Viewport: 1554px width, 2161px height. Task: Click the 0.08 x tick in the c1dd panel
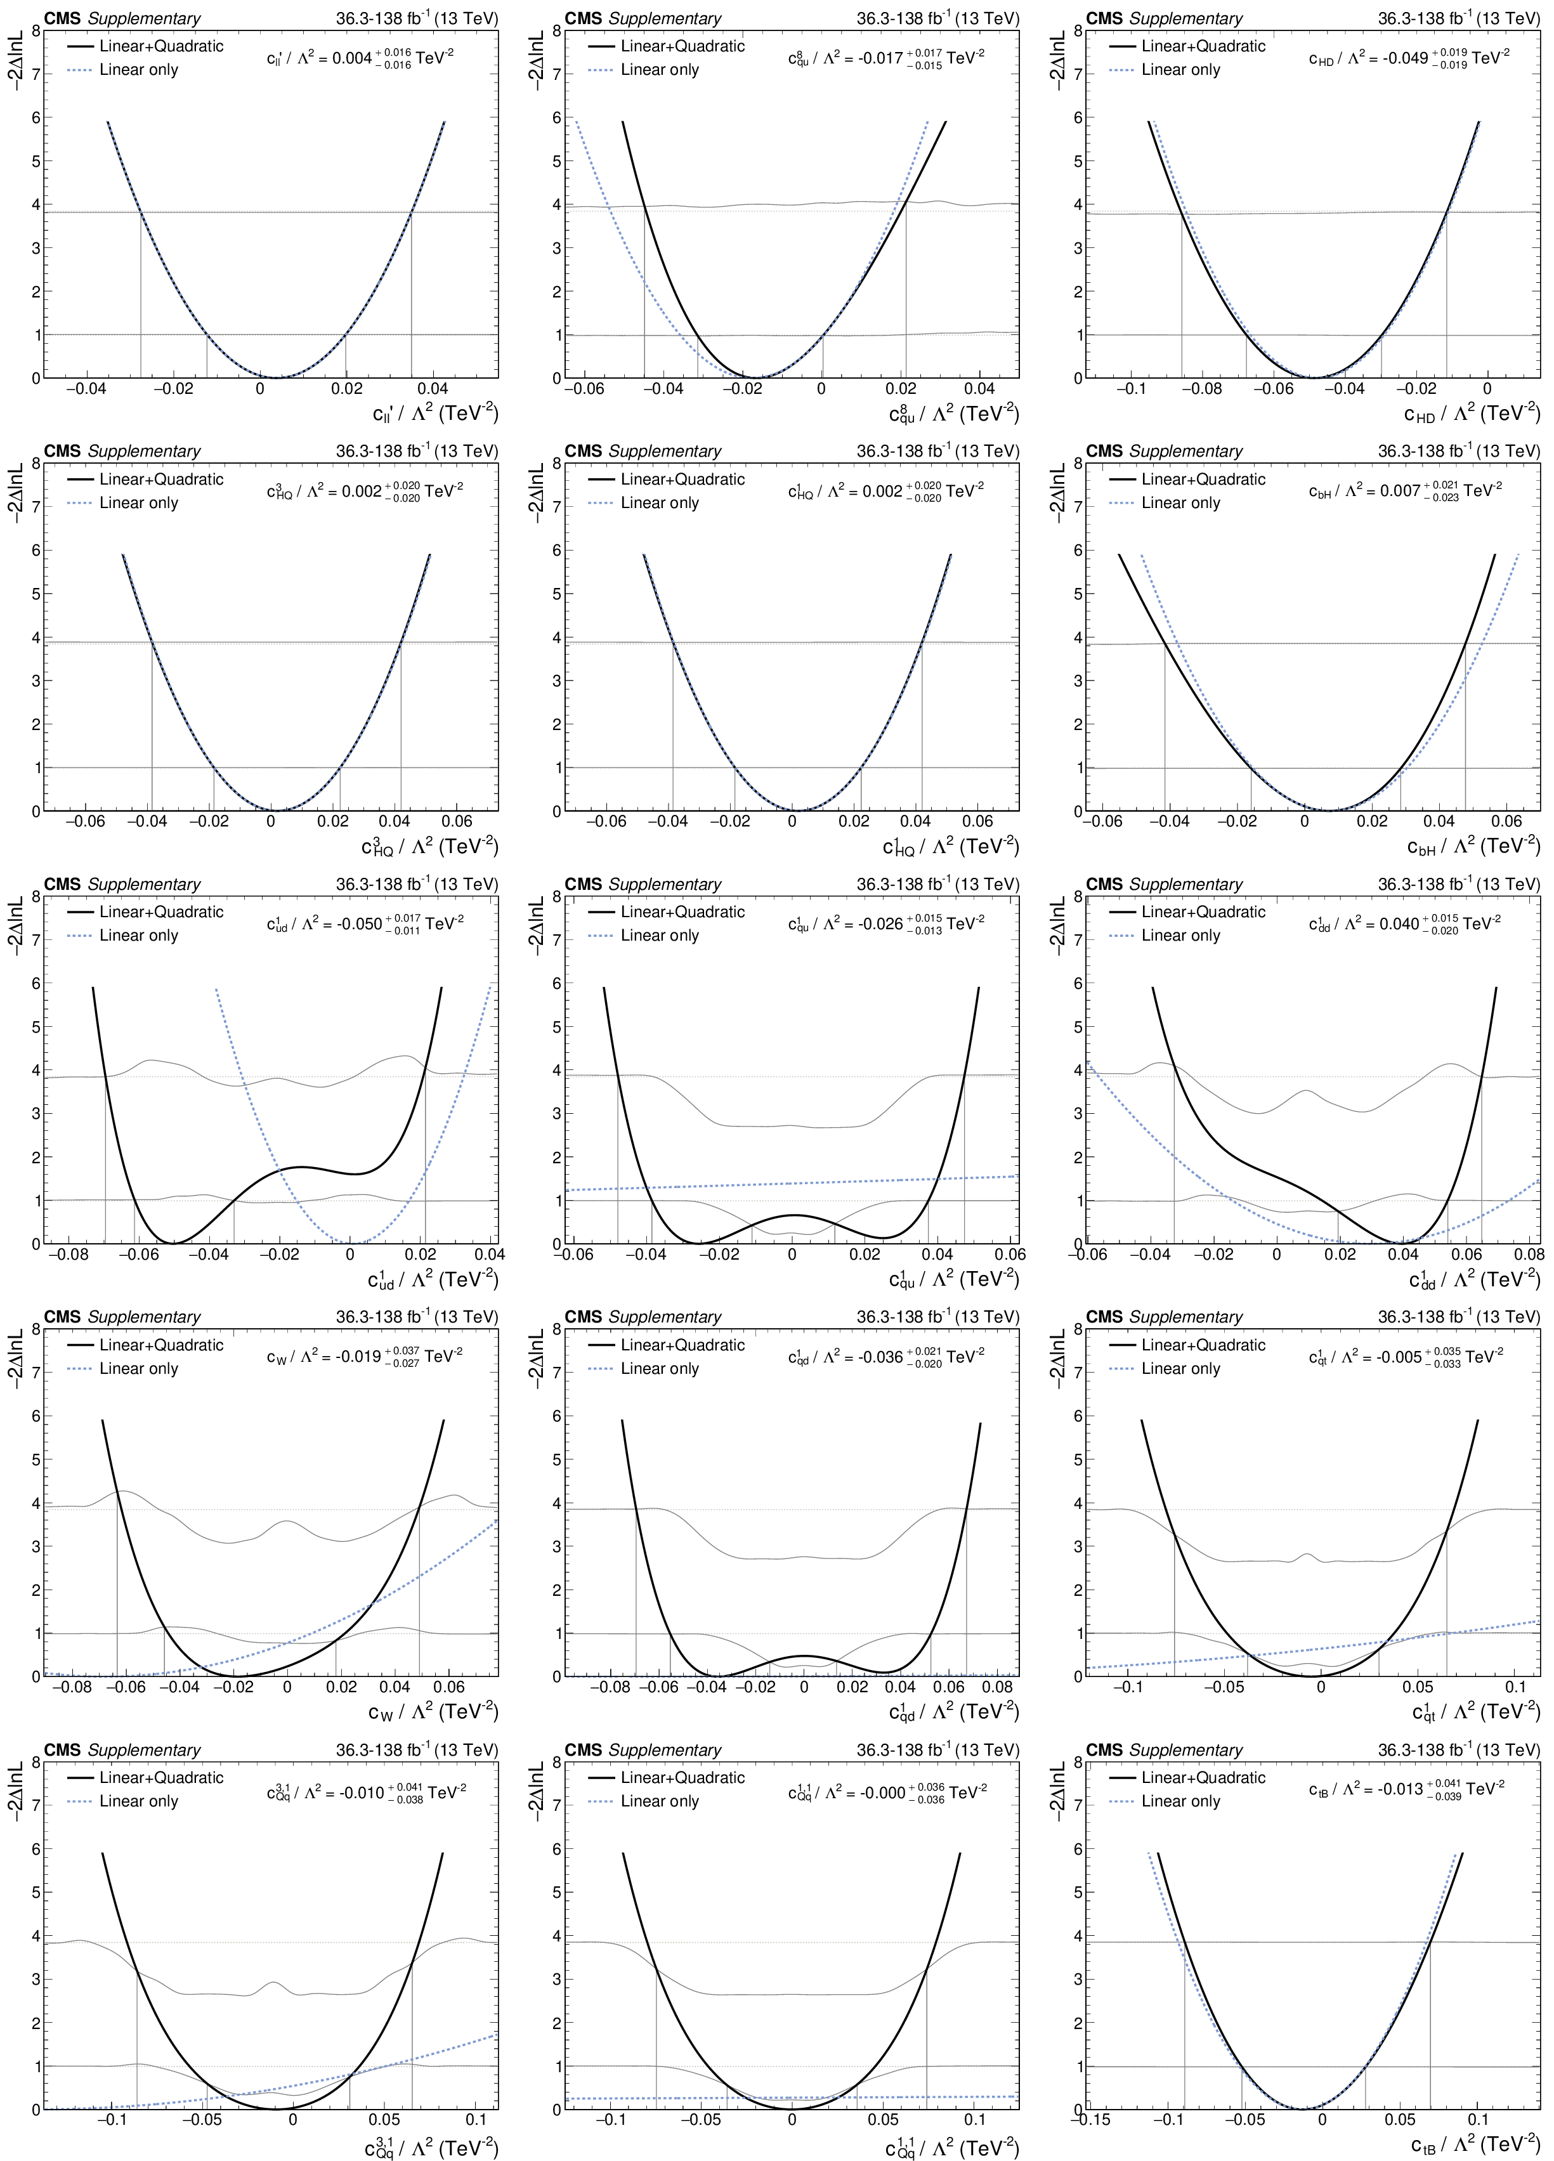pyautogui.click(x=1528, y=1254)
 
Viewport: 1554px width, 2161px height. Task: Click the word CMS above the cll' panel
pyautogui.click(x=62, y=19)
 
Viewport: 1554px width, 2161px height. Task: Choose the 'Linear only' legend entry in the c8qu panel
pyautogui.click(x=658, y=70)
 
